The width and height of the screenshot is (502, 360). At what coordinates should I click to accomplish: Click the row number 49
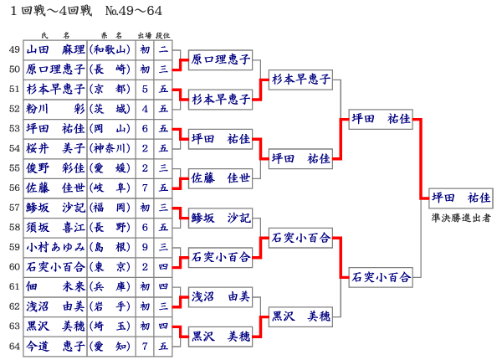(14, 49)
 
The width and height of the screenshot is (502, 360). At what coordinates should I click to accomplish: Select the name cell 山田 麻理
(55, 49)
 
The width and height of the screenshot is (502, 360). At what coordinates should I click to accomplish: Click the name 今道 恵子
(55, 346)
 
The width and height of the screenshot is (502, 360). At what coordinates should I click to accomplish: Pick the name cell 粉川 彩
(55, 109)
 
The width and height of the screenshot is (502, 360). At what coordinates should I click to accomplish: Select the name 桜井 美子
(55, 148)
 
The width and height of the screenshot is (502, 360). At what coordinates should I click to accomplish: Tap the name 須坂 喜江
(55, 227)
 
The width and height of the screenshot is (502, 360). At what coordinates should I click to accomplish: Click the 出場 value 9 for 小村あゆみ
(146, 247)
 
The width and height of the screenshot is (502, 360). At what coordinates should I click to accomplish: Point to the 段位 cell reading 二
(164, 49)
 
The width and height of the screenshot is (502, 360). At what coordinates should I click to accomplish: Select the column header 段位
(164, 36)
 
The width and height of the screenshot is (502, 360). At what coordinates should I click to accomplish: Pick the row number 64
(14, 346)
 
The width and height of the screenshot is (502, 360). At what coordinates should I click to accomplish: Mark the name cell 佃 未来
(55, 286)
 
